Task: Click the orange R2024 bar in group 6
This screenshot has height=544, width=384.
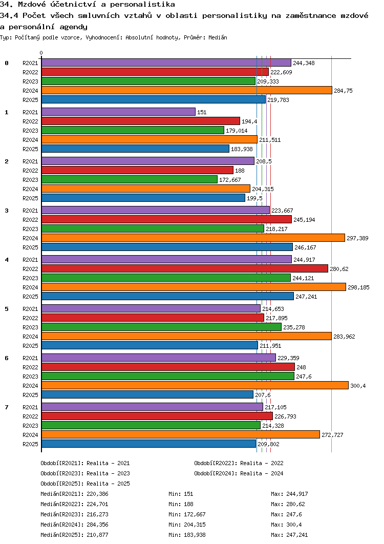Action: (x=195, y=385)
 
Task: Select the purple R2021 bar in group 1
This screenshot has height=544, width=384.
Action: (x=119, y=112)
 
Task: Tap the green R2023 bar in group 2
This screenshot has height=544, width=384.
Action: (x=130, y=179)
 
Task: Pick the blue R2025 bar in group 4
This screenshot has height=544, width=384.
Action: (x=167, y=296)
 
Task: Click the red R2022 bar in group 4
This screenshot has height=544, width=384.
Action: (x=185, y=268)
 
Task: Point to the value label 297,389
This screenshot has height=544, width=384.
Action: (x=358, y=238)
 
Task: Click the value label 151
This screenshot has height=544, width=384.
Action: (x=202, y=112)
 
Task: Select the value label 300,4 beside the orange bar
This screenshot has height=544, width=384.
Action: (x=358, y=386)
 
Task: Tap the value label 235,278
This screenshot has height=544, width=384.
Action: (x=294, y=327)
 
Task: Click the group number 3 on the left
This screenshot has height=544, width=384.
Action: (x=7, y=211)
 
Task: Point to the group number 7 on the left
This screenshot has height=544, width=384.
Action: (x=7, y=407)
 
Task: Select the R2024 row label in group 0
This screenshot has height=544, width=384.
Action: (x=30, y=91)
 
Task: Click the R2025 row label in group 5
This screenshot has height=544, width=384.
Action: (x=30, y=346)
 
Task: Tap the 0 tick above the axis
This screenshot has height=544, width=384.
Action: (x=41, y=53)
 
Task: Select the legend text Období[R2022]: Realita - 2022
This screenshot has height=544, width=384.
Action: (x=239, y=463)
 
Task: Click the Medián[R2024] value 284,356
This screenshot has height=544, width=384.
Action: (x=97, y=525)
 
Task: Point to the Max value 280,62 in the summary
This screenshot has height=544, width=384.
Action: (x=296, y=504)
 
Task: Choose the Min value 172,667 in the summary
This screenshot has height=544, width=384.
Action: (x=195, y=514)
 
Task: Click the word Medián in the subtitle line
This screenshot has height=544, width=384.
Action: (x=218, y=37)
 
